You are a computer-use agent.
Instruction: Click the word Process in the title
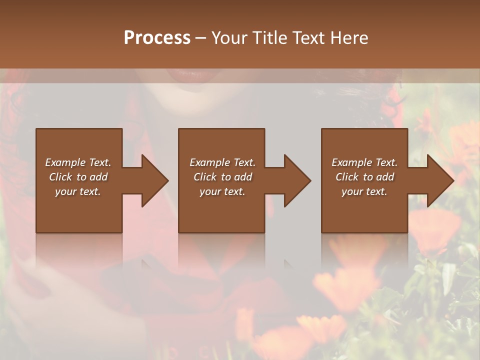pos(157,38)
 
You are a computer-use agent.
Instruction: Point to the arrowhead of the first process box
pos(152,180)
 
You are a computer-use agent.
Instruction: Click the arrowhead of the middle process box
pos(295,180)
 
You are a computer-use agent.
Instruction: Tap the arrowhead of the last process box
pos(438,180)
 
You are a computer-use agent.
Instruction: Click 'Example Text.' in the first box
pos(78,162)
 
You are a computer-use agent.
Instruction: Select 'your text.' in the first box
pos(78,191)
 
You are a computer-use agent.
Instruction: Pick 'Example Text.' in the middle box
pos(222,162)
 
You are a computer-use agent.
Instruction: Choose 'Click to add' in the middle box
pos(222,177)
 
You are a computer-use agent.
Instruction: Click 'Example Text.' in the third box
pos(364,162)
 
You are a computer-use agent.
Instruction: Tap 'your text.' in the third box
pos(364,191)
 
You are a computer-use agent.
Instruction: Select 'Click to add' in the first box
pos(78,177)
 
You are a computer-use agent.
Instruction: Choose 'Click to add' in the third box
pos(364,177)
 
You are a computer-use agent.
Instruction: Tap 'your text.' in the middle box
pos(222,191)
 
